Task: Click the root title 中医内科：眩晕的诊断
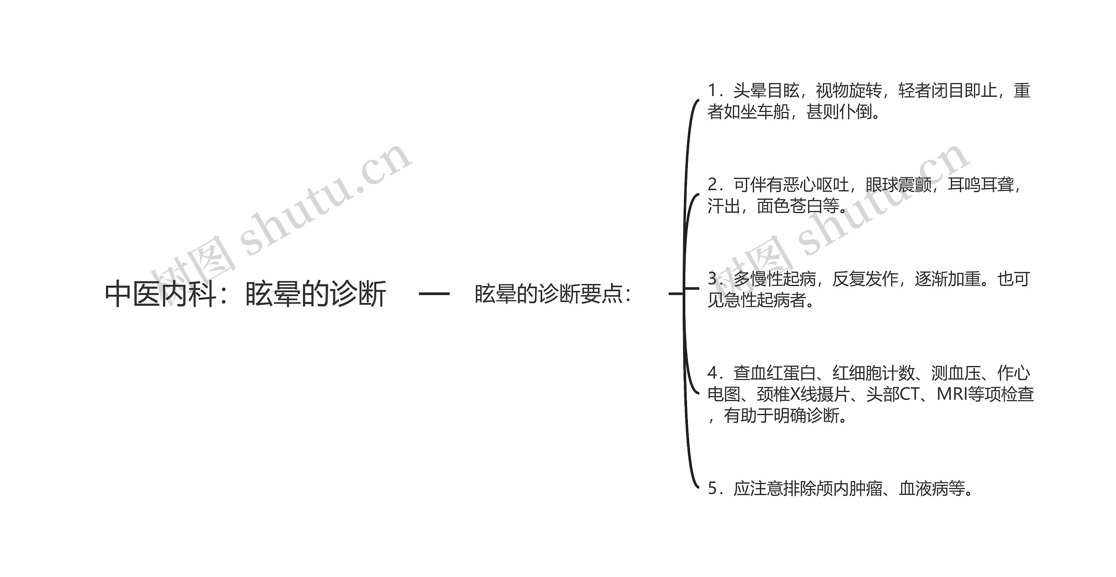pos(245,294)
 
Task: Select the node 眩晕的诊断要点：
pos(553,294)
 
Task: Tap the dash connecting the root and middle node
pos(434,294)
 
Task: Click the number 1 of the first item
pos(712,91)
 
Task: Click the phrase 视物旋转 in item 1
pos(848,91)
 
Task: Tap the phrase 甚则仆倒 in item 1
pos(839,112)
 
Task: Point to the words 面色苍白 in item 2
pos(789,206)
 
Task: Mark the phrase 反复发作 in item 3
pos(865,279)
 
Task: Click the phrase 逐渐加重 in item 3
pos(948,279)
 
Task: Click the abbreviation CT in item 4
pos(909,395)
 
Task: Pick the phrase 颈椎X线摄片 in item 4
pos(803,395)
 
